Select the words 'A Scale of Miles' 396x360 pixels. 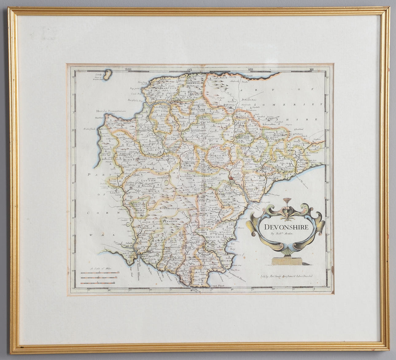(x=99, y=269)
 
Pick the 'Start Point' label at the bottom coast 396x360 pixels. (x=218, y=285)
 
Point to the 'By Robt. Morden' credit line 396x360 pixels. (x=282, y=234)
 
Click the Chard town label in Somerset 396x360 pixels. (x=304, y=137)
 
